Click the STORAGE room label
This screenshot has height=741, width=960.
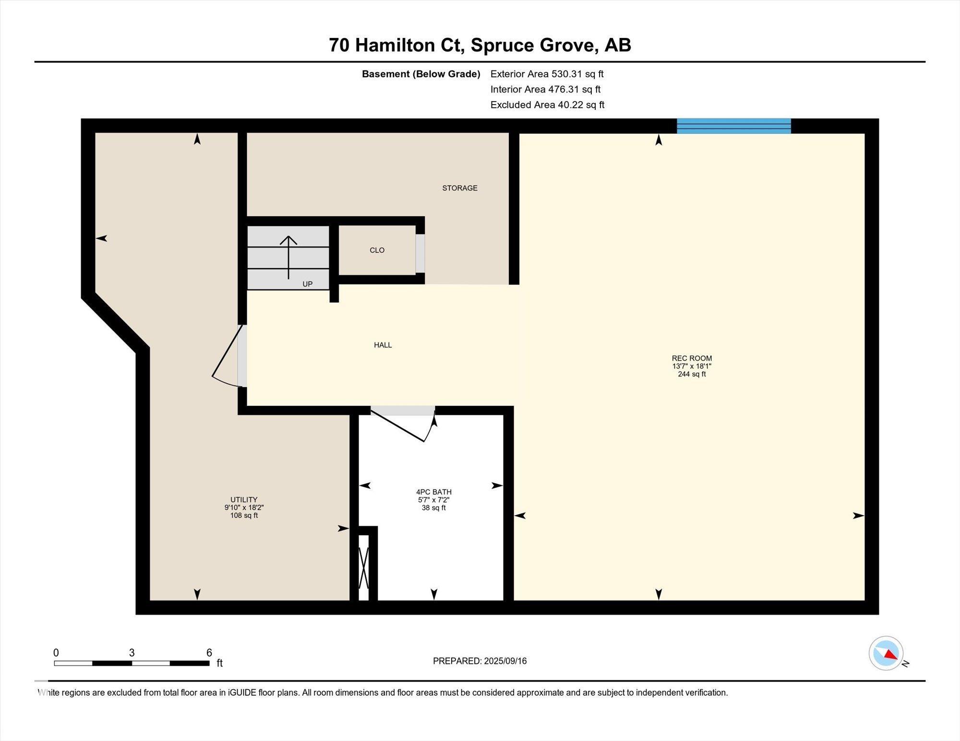(460, 188)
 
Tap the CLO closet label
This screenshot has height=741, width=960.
(377, 250)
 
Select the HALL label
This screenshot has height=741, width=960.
(383, 345)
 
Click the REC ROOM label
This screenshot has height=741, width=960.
(692, 358)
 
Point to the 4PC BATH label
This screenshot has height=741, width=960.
(434, 492)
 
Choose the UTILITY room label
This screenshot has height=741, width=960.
(244, 500)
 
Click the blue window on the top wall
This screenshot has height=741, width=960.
(734, 126)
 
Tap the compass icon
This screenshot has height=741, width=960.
(886, 653)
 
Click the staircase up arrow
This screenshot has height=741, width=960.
(288, 258)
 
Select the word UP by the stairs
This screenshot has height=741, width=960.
(308, 284)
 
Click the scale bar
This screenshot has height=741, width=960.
(132, 664)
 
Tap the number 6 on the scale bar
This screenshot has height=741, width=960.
(209, 652)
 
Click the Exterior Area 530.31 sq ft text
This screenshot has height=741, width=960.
(547, 74)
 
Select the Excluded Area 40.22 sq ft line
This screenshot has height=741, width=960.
(547, 105)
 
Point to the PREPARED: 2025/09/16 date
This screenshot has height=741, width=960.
(480, 661)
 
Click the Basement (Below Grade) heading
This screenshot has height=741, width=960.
(421, 74)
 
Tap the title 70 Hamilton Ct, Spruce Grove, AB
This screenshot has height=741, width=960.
(480, 45)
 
